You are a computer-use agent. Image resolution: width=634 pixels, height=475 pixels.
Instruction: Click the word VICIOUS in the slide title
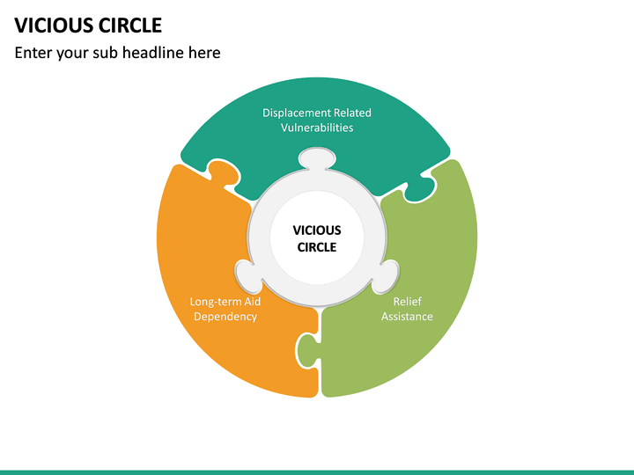pyautogui.click(x=50, y=25)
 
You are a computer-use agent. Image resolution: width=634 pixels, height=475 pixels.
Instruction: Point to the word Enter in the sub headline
pyautogui.click(x=34, y=53)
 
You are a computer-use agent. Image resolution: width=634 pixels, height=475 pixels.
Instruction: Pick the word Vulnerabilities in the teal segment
pyautogui.click(x=317, y=128)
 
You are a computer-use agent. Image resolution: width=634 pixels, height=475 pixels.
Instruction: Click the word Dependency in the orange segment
pyautogui.click(x=225, y=316)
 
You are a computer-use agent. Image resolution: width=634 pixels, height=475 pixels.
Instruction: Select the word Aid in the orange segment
pyautogui.click(x=252, y=301)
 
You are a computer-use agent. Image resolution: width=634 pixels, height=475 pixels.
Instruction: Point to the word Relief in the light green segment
pyautogui.click(x=407, y=301)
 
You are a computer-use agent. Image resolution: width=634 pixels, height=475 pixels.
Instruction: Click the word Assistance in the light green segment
pyautogui.click(x=407, y=316)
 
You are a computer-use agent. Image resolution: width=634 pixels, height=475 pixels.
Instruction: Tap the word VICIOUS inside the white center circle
pyautogui.click(x=317, y=230)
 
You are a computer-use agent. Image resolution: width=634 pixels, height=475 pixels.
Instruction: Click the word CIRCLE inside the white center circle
pyautogui.click(x=317, y=247)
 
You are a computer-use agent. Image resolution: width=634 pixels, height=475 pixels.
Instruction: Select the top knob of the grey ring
pyautogui.click(x=317, y=159)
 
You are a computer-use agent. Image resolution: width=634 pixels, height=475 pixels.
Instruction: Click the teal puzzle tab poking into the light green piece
pyautogui.click(x=421, y=186)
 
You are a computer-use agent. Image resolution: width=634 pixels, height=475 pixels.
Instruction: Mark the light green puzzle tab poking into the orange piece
pyautogui.click(x=306, y=351)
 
